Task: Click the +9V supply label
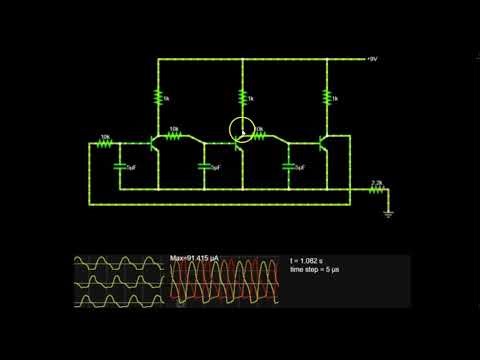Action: coord(371,60)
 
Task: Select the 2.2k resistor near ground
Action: coord(377,189)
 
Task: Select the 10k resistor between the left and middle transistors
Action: coord(176,137)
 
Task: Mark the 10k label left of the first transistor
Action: coord(105,136)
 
